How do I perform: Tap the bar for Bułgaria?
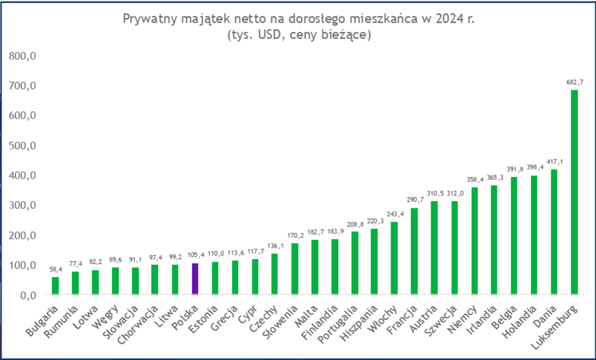(x=55, y=286)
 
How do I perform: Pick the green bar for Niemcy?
(x=474, y=241)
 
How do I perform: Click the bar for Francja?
(x=414, y=251)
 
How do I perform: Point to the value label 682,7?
(x=574, y=81)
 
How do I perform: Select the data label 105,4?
(x=195, y=254)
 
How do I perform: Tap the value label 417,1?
(x=554, y=161)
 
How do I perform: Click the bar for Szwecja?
(x=454, y=248)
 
